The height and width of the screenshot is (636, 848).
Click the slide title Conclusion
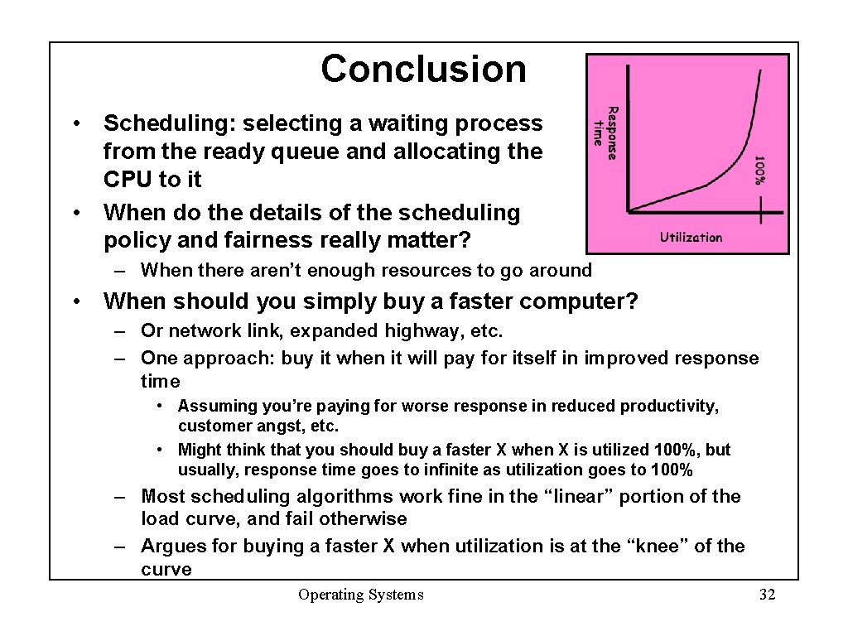(423, 69)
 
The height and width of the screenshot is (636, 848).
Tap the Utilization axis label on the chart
(691, 238)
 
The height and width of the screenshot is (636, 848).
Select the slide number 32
(767, 595)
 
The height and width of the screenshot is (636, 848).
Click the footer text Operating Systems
(360, 595)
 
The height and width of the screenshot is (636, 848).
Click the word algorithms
(347, 497)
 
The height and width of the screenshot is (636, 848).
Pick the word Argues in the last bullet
(170, 547)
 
